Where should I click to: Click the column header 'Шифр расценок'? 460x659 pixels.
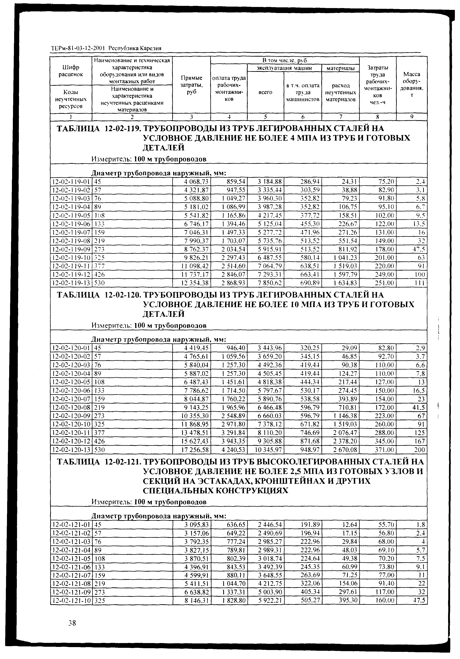pyautogui.click(x=71, y=71)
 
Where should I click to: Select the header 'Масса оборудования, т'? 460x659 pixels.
pyautogui.click(x=411, y=85)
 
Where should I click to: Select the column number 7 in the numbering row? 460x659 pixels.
pyautogui.click(x=341, y=117)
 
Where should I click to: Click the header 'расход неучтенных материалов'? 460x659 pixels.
pyautogui.click(x=341, y=92)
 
